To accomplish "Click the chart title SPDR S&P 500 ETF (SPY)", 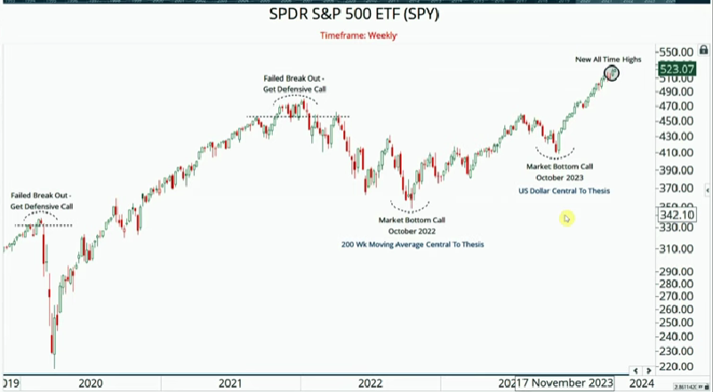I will click(x=354, y=15).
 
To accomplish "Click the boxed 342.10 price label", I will click(x=677, y=215).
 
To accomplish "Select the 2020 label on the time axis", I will click(x=90, y=383).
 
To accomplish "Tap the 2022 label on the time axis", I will click(x=371, y=383).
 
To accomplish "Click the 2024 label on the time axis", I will click(x=639, y=383).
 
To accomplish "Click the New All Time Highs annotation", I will click(x=607, y=59).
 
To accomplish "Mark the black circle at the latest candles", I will click(x=611, y=73).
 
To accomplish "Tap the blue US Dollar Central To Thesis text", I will click(x=564, y=191).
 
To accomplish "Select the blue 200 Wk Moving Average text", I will click(x=413, y=244).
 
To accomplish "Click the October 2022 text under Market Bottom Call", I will click(x=412, y=231).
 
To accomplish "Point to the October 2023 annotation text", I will click(x=560, y=178).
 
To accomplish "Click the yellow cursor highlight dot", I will click(x=566, y=218).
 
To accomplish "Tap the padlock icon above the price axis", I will click(x=704, y=51).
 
